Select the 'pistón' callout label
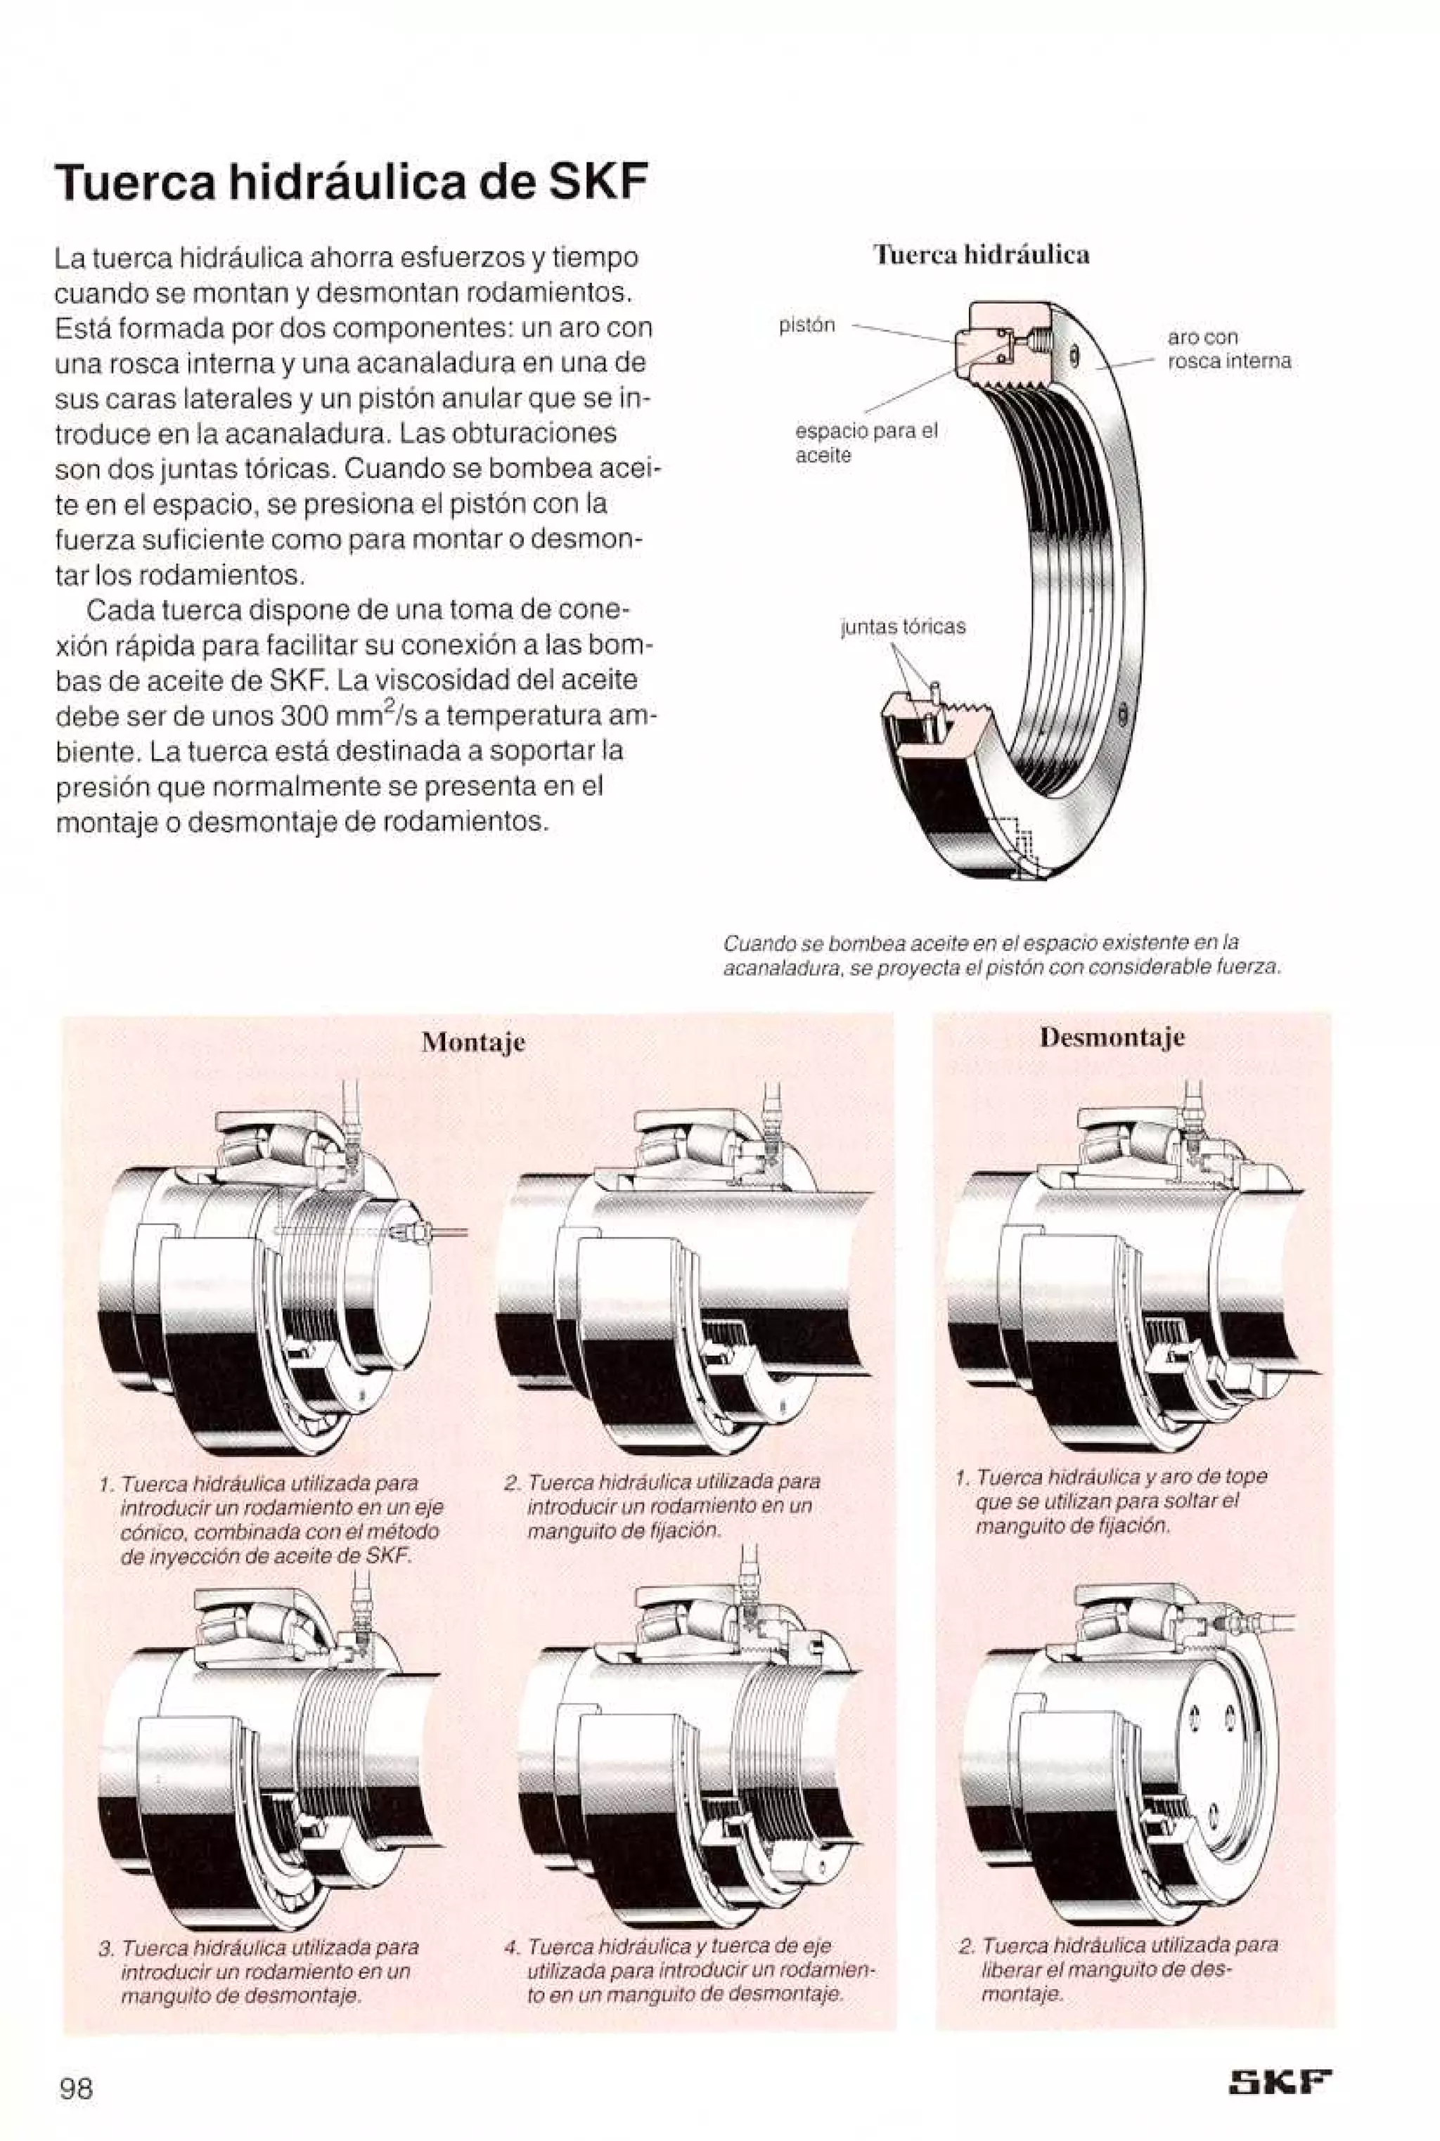pos(806,325)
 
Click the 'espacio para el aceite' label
pos(865,444)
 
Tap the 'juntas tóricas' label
pos(904,626)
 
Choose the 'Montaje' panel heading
pos(473,1042)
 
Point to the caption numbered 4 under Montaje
pos(690,1970)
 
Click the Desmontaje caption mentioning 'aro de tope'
pos(1116,1501)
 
